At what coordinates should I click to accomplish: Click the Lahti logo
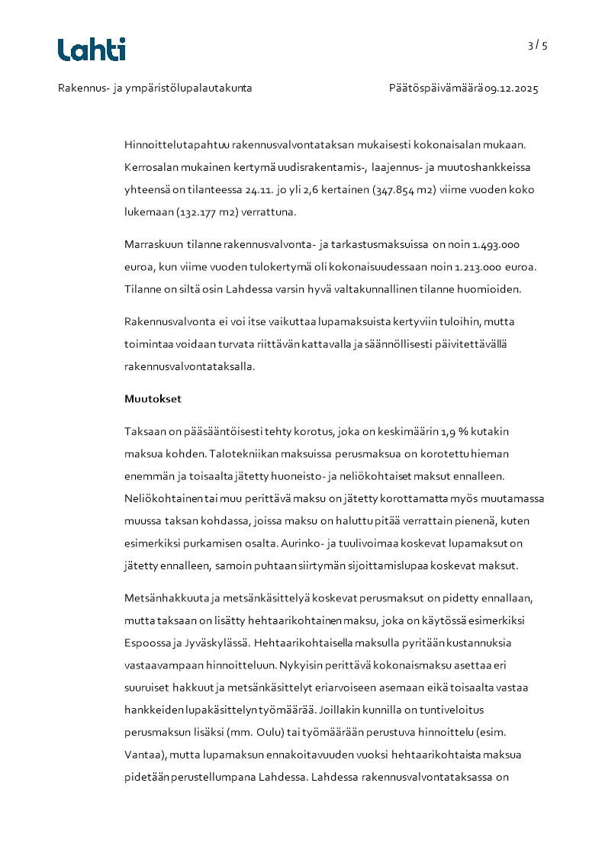[92, 50]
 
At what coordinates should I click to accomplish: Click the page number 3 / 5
[537, 46]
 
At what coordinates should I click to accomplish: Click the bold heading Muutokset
[153, 399]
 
